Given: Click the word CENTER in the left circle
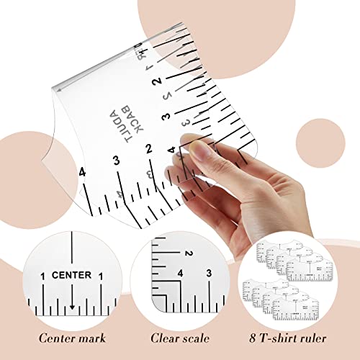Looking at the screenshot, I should click(71, 274).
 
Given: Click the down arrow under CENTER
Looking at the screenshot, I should click(71, 307).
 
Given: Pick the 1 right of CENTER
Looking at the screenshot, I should click(102, 275).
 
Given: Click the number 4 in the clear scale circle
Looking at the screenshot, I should click(180, 274).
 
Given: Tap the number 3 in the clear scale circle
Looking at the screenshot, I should click(208, 274).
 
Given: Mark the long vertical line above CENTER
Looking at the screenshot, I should click(71, 248).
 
